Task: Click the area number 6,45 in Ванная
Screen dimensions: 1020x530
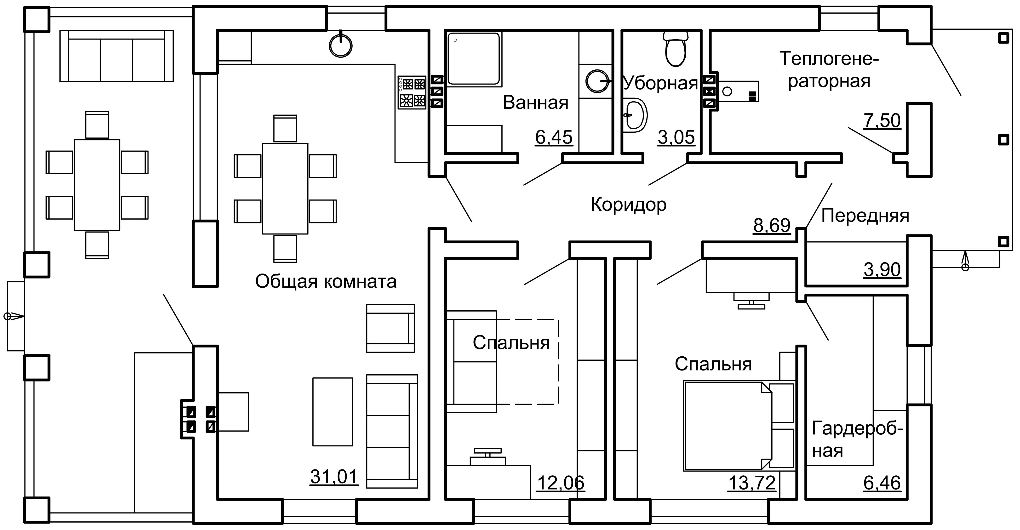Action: click(554, 137)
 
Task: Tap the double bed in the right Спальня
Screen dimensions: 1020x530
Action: click(739, 426)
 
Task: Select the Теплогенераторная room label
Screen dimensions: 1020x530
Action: click(829, 70)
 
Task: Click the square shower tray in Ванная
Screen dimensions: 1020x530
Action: click(474, 59)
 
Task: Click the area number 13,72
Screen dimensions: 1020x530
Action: click(751, 483)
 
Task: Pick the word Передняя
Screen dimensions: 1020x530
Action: click(865, 216)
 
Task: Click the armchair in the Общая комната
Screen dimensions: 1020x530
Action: click(390, 328)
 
